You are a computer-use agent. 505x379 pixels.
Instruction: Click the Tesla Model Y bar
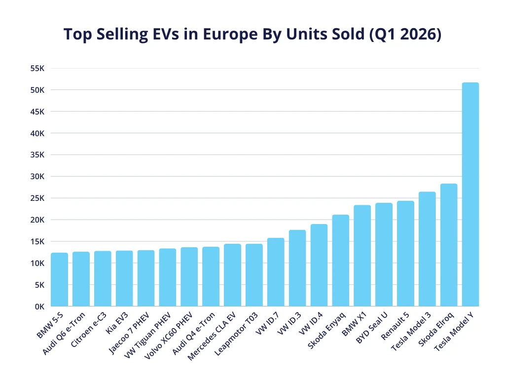[x=470, y=194]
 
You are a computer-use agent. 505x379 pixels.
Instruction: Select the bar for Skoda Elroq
[x=449, y=245]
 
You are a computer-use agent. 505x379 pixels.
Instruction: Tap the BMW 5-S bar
[x=60, y=279]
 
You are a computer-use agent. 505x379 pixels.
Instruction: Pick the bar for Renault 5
[x=405, y=254]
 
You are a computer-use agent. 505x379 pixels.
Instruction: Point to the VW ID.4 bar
[x=319, y=265]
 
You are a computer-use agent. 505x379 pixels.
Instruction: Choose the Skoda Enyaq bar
[x=340, y=261]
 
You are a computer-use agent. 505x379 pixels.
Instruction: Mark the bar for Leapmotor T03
[x=254, y=275]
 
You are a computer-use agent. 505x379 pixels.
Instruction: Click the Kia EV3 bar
[x=124, y=278]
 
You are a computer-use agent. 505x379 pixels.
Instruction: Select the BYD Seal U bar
[x=384, y=255]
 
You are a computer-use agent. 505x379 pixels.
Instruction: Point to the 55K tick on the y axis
[x=37, y=68]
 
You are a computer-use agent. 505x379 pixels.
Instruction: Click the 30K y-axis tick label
[x=37, y=177]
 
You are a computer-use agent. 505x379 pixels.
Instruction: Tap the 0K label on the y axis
[x=39, y=307]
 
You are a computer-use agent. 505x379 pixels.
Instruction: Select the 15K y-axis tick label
[x=37, y=242]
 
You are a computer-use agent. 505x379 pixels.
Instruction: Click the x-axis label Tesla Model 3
[x=411, y=331]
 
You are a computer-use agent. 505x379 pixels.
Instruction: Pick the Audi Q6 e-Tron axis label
[x=64, y=334]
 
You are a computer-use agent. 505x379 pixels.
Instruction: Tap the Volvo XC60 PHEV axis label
[x=168, y=336]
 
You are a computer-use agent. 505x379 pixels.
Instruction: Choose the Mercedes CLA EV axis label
[x=212, y=336]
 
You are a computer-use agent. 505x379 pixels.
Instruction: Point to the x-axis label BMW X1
[x=354, y=324]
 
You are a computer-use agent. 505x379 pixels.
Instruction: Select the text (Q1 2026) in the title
[x=405, y=35]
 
